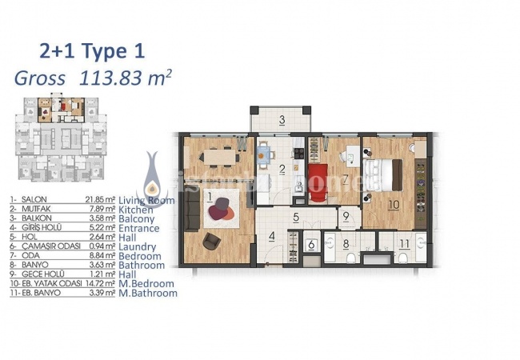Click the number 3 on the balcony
click(282, 122)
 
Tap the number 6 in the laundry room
click(311, 246)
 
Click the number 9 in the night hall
click(345, 217)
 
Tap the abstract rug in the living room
click(219, 210)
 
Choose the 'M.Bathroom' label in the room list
click(148, 294)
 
